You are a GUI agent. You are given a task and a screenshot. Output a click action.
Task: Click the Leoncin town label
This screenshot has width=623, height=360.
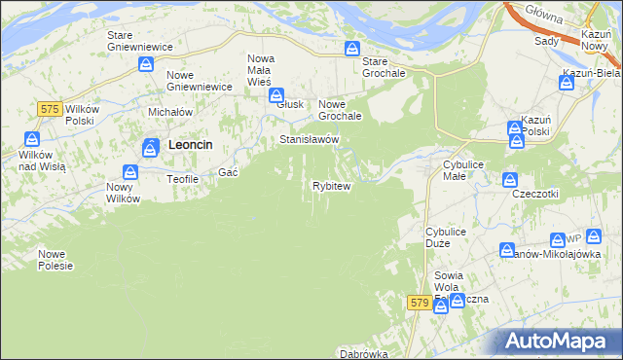click(191, 144)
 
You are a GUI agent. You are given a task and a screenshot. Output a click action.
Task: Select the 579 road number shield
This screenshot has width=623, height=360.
click(420, 304)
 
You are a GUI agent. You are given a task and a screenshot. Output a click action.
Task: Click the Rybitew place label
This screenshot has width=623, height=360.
click(330, 185)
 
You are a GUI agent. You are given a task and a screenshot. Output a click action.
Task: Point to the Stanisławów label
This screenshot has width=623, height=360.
click(310, 140)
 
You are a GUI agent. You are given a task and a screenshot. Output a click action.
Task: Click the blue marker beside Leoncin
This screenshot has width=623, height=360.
click(151, 148)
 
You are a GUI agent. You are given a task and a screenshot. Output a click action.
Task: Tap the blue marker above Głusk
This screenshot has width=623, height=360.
click(276, 95)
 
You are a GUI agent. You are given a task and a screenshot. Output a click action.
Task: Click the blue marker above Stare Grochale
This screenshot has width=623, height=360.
click(354, 50)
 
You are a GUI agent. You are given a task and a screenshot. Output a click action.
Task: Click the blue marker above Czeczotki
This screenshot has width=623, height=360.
click(509, 179)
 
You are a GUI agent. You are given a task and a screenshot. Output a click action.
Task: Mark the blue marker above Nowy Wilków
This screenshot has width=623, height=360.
click(129, 171)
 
